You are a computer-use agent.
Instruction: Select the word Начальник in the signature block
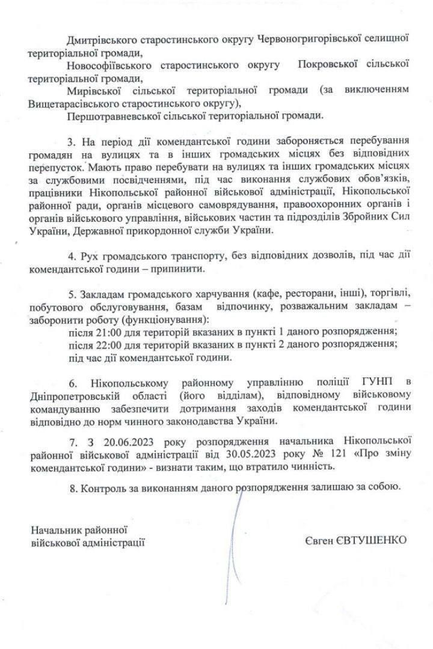[55, 530]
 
